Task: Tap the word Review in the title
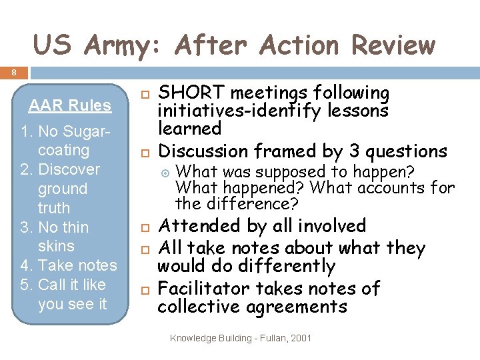(393, 46)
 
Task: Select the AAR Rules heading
(69, 106)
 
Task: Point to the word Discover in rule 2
(69, 169)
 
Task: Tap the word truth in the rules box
(54, 207)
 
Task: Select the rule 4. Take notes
(69, 265)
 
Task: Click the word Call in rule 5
(53, 284)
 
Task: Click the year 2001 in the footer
(301, 338)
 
